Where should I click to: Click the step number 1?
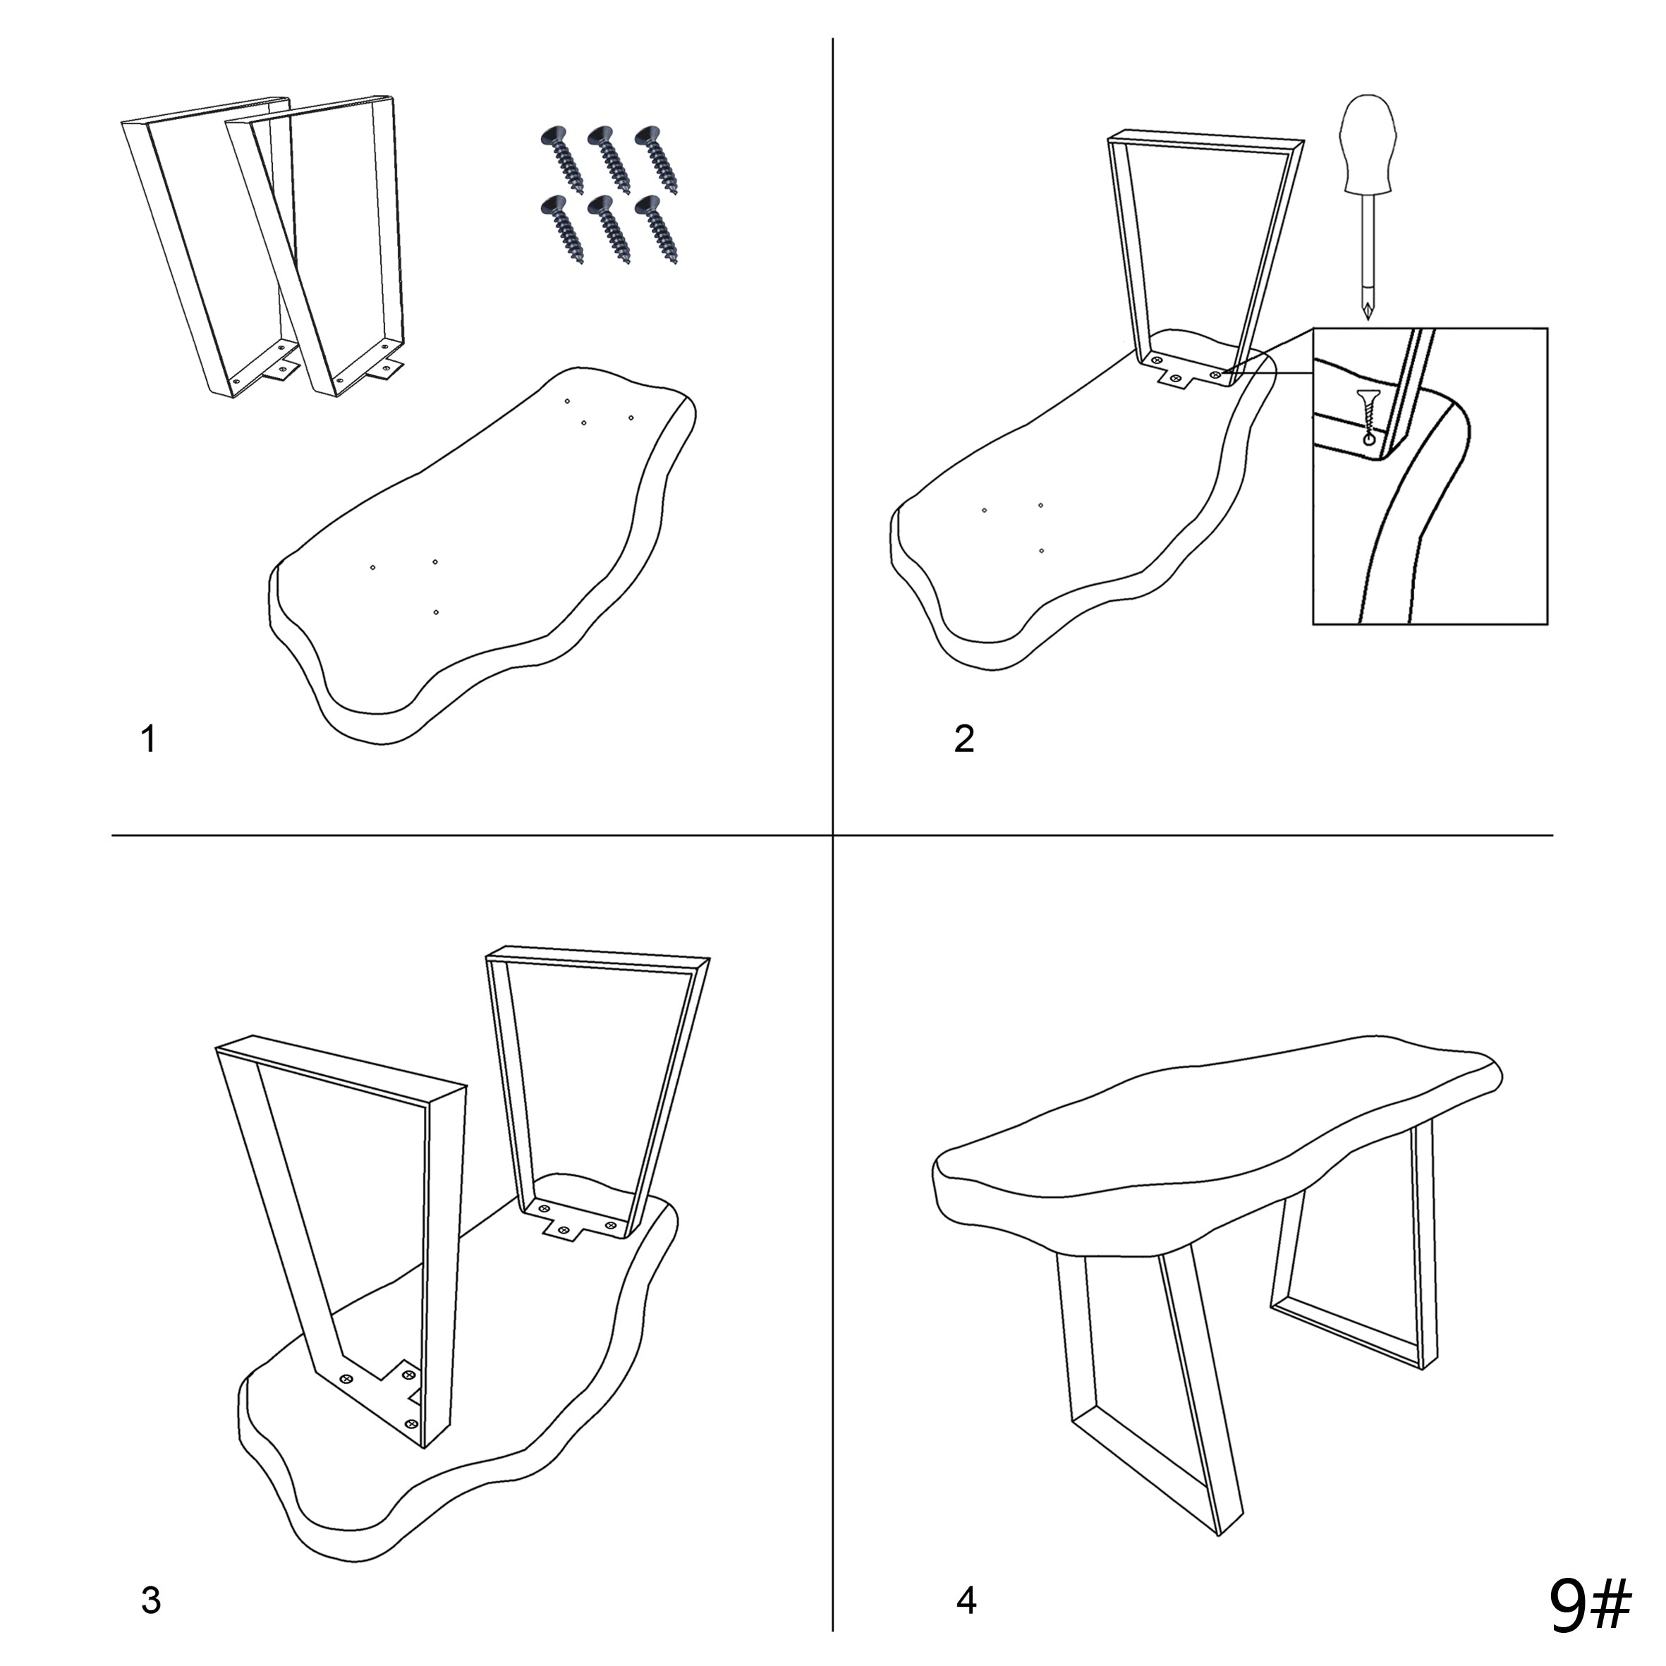148,739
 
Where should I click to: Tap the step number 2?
964,739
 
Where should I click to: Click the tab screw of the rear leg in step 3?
565,1229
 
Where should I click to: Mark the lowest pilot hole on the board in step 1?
437,612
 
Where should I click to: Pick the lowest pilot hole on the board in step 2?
1042,550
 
